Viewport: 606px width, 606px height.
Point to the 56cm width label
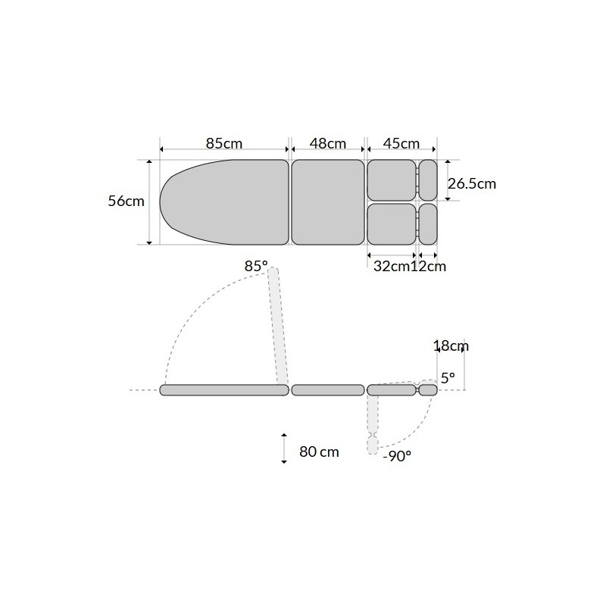tap(126, 201)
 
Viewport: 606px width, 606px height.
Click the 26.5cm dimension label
tap(472, 183)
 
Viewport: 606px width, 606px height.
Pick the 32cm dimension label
tap(392, 266)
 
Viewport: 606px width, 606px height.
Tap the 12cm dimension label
tap(428, 266)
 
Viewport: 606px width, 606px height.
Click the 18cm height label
tap(451, 346)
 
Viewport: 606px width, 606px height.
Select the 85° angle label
tap(256, 267)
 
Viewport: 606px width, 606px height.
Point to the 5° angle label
tap(448, 376)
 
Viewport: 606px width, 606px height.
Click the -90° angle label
tap(397, 456)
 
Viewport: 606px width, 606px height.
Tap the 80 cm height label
tap(319, 452)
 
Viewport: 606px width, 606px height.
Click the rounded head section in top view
tap(223, 201)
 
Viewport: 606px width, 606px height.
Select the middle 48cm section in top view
tap(327, 201)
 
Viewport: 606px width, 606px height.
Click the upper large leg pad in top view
tap(392, 180)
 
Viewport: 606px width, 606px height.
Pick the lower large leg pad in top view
tap(392, 223)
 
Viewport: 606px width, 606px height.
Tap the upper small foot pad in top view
tap(428, 180)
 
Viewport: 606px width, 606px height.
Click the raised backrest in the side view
tap(278, 326)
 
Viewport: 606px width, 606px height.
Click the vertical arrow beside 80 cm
tap(283, 448)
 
